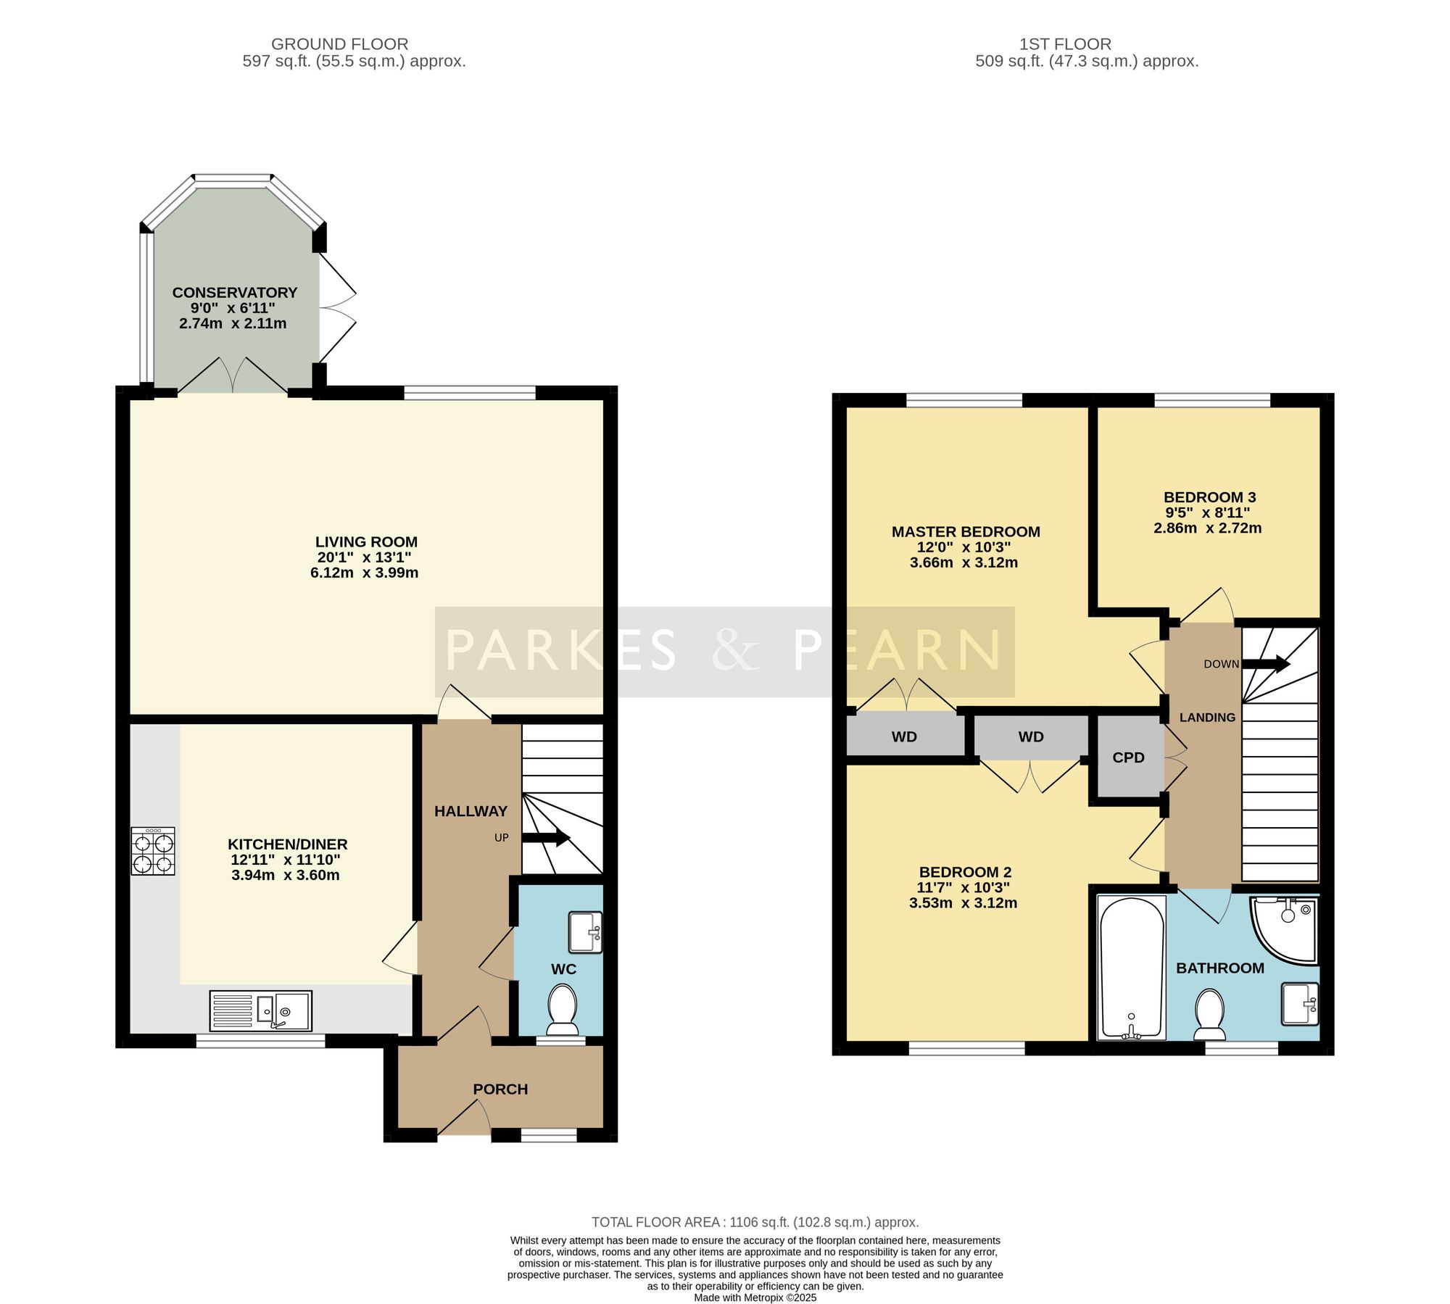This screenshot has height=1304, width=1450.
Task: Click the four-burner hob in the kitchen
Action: [153, 851]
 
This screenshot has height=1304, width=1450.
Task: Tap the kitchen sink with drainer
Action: [261, 1011]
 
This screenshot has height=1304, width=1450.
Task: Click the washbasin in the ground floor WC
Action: [585, 932]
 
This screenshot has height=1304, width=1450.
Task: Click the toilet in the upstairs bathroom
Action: [1209, 1014]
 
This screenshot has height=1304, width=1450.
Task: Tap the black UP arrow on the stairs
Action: [546, 838]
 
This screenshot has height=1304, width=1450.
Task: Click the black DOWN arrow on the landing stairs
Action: [1266, 663]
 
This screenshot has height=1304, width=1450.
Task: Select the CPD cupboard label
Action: [1128, 757]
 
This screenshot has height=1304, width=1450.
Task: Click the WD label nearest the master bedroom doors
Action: [904, 737]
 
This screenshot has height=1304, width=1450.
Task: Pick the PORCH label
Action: [500, 1089]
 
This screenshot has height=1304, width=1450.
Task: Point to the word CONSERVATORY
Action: [235, 292]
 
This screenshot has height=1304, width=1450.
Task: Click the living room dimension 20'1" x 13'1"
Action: [364, 557]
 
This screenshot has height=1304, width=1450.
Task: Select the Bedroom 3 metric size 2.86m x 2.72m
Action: [1208, 528]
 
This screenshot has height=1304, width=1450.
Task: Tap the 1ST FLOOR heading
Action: [1065, 44]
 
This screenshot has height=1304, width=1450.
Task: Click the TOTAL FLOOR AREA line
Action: [755, 1222]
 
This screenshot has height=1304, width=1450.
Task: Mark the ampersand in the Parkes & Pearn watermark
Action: [736, 649]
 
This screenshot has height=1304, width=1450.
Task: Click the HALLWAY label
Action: [471, 811]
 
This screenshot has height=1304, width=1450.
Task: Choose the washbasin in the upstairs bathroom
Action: [1300, 1004]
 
